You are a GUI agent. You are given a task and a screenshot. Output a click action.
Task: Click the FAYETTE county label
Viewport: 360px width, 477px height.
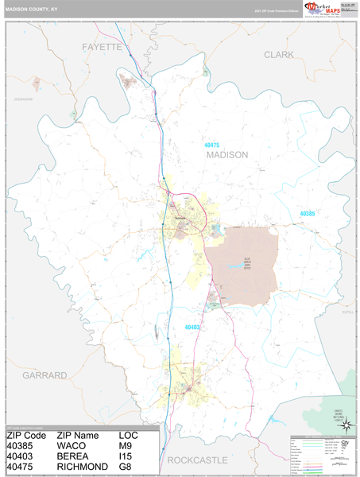(x=103, y=48)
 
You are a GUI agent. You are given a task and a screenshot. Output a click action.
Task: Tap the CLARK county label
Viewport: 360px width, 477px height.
(x=278, y=55)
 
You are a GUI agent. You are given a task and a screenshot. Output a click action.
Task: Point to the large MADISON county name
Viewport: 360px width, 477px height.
(x=227, y=155)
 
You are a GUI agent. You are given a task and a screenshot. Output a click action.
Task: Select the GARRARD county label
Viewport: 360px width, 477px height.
(x=45, y=374)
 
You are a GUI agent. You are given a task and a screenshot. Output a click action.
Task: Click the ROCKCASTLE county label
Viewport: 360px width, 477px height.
(x=197, y=460)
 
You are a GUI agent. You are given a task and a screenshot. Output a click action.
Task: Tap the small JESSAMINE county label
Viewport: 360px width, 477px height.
(x=24, y=99)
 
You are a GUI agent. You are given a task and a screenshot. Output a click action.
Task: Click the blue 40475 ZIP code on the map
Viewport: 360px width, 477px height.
(x=211, y=145)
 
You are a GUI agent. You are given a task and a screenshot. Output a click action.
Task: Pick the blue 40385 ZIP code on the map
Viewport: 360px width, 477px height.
(x=308, y=214)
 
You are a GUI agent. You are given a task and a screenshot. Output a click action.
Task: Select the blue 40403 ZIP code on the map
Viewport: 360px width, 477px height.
(x=192, y=327)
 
